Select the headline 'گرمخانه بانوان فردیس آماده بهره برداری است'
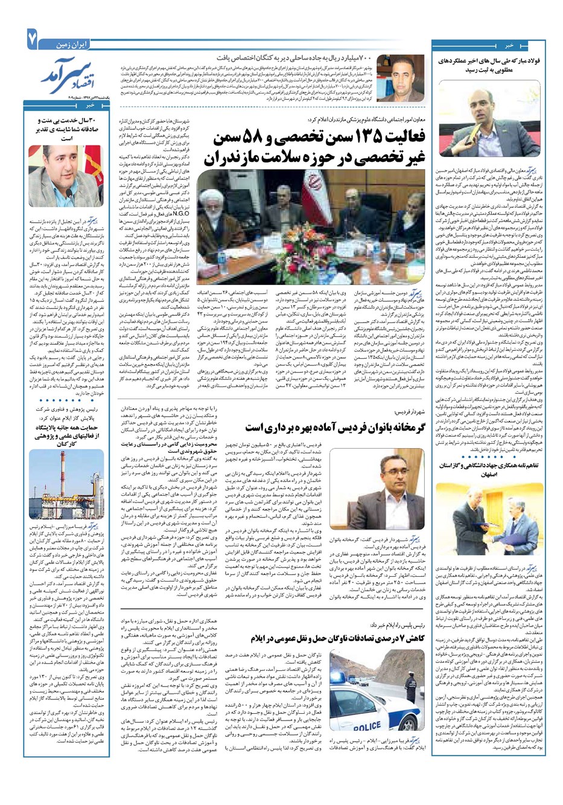click(328, 426)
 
